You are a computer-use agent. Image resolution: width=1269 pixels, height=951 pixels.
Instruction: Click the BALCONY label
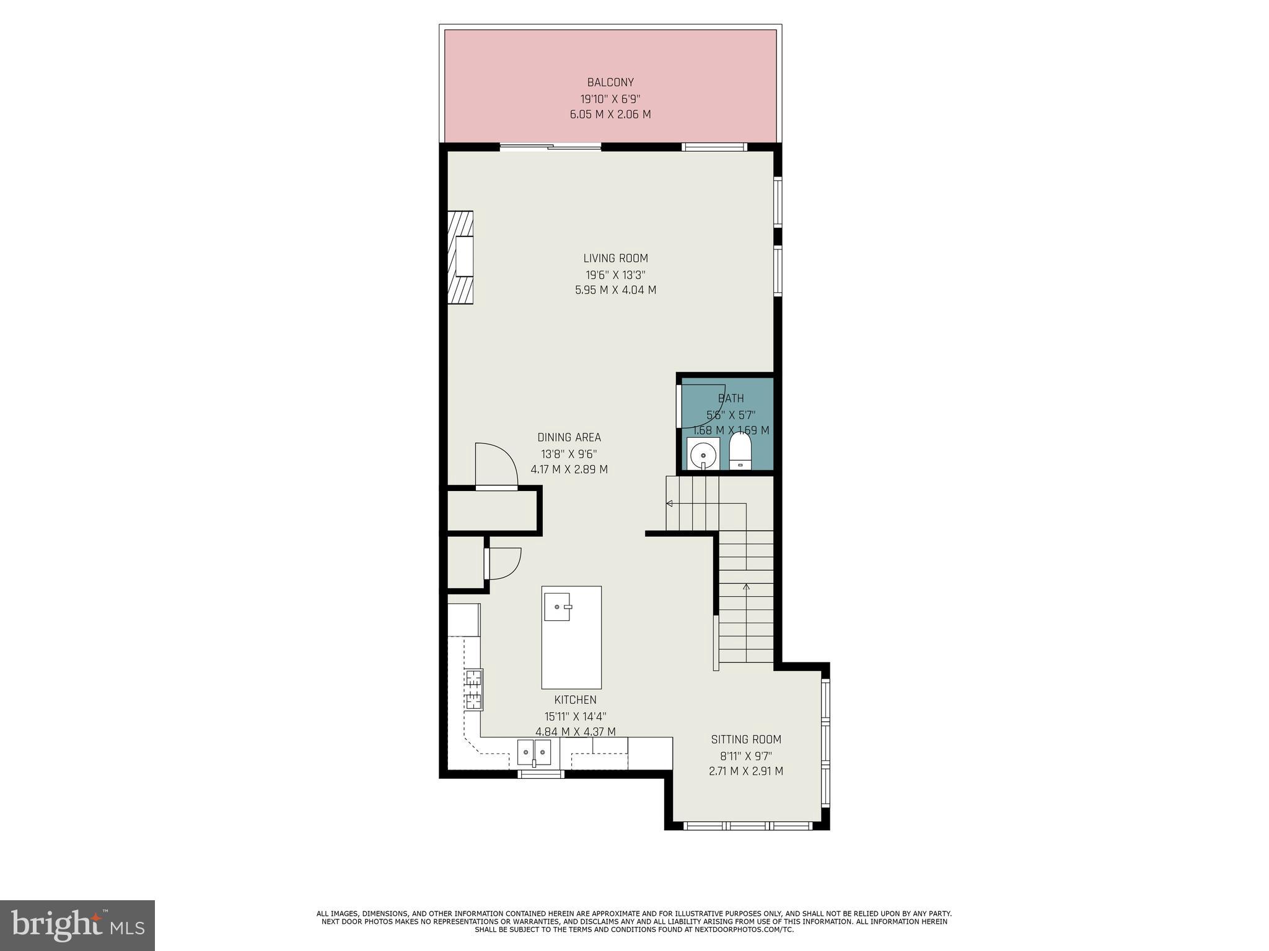pyautogui.click(x=610, y=82)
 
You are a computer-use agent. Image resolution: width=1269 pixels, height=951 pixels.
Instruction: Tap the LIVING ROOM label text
pyautogui.click(x=615, y=258)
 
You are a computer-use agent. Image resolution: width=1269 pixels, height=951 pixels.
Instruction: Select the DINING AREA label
pyautogui.click(x=569, y=437)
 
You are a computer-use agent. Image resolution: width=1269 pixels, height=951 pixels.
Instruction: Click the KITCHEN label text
pyautogui.click(x=575, y=700)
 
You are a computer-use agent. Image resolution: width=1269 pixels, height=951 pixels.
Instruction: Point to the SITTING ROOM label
pyautogui.click(x=746, y=739)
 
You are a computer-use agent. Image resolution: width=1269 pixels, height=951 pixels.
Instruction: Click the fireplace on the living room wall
pyautogui.click(x=461, y=257)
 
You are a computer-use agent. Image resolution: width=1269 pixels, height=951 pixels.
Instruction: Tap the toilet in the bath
pyautogui.click(x=740, y=451)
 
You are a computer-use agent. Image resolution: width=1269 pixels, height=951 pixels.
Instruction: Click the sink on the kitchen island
pyautogui.click(x=557, y=607)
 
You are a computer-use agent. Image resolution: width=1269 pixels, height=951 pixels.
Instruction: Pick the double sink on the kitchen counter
pyautogui.click(x=534, y=753)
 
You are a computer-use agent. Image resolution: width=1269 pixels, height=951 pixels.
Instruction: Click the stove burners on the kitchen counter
pyautogui.click(x=474, y=689)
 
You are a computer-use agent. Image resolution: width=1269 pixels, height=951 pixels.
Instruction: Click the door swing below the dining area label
pyautogui.click(x=496, y=466)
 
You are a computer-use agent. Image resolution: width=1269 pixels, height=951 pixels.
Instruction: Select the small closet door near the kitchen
pyautogui.click(x=504, y=563)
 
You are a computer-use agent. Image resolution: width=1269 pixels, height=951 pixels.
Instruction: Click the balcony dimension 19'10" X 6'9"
pyautogui.click(x=610, y=98)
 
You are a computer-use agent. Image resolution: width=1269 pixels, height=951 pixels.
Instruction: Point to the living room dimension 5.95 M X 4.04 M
pyautogui.click(x=615, y=290)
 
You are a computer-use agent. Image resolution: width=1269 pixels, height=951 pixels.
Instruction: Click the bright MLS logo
pyautogui.click(x=77, y=926)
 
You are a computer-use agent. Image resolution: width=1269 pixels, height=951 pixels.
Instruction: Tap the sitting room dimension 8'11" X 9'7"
pyautogui.click(x=746, y=755)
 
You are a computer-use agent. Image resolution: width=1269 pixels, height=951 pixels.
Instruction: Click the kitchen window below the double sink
pyautogui.click(x=541, y=774)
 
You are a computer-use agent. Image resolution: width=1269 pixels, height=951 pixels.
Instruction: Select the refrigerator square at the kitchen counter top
pyautogui.click(x=463, y=619)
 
